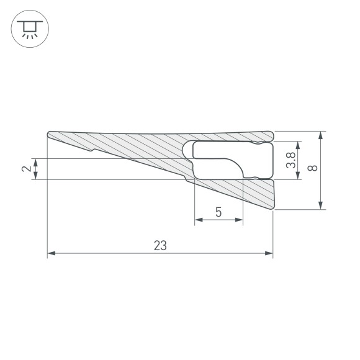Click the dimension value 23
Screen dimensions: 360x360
(160, 245)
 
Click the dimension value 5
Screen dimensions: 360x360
(218, 212)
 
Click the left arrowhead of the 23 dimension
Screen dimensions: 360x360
(51, 253)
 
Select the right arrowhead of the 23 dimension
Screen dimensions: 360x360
(269, 253)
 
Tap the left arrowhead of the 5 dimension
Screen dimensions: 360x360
(198, 220)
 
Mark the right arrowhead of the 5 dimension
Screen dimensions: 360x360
(239, 220)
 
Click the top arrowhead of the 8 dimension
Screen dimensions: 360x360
(321, 135)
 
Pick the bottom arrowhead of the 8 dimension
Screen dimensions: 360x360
(321, 206)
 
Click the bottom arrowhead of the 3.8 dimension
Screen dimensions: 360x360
(299, 176)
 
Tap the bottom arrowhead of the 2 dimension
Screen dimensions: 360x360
(36, 176)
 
